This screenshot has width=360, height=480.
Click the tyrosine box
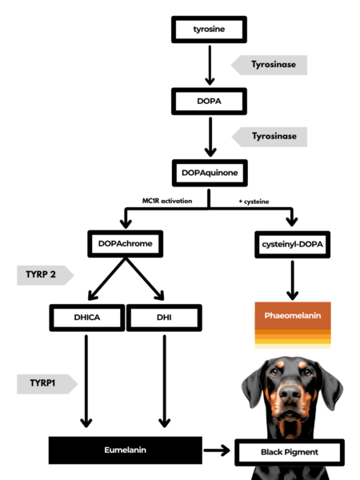click(209, 30)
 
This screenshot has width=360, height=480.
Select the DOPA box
click(209, 102)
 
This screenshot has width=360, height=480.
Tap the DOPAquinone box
click(210, 173)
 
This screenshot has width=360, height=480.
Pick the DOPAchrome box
click(126, 244)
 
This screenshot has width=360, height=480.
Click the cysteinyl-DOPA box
click(292, 245)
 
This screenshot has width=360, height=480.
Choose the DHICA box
click(87, 318)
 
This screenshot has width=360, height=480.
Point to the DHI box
click(164, 318)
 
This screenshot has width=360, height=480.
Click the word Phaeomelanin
click(293, 316)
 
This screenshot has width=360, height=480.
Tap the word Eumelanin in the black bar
click(126, 450)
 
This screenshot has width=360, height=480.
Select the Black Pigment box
click(290, 453)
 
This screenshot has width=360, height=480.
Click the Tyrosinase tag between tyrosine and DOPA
click(269, 65)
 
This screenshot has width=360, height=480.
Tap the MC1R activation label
click(167, 201)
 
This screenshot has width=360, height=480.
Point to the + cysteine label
click(254, 202)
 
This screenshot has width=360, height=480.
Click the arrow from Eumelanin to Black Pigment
click(217, 450)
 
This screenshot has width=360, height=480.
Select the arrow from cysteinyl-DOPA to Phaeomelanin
click(292, 281)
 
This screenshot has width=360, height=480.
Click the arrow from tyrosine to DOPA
click(210, 66)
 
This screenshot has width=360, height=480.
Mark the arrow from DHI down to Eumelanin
click(165, 381)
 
